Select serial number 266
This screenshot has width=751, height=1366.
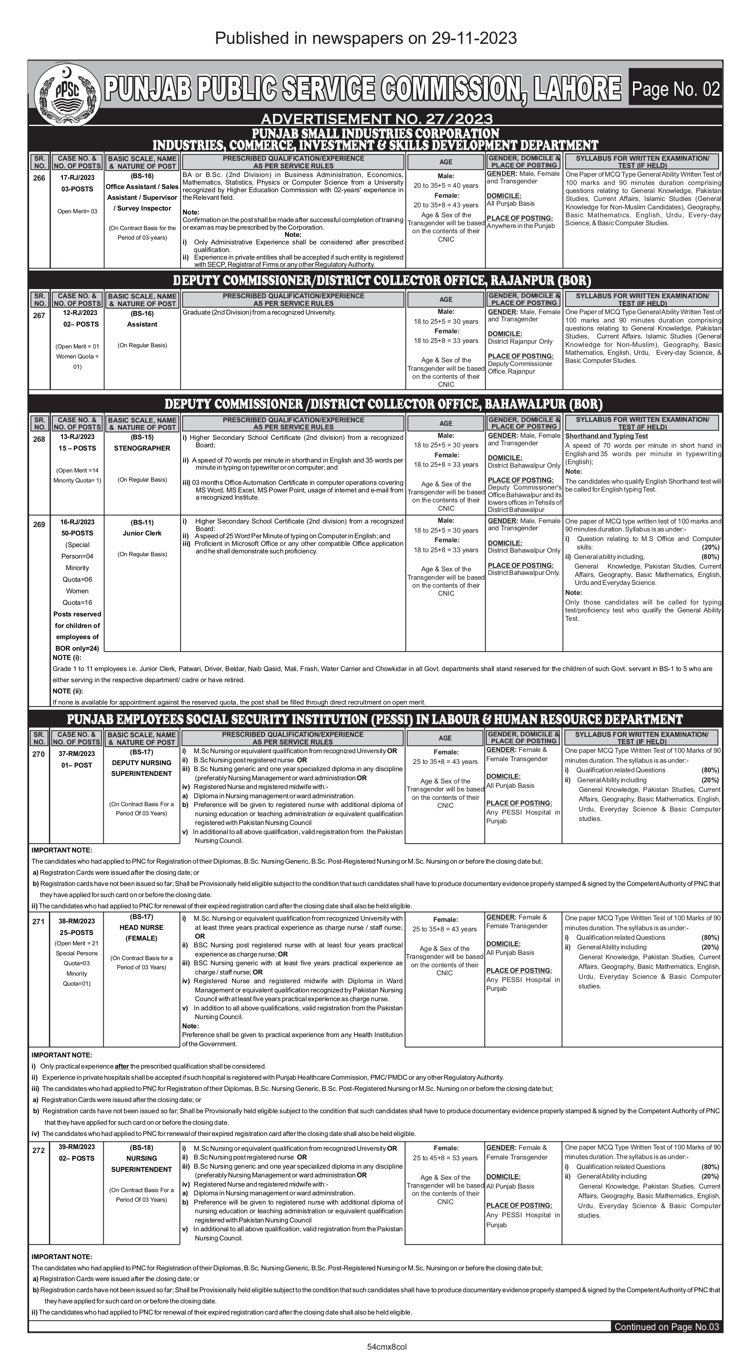39,178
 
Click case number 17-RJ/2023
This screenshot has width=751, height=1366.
77,178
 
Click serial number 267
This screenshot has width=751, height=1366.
39,315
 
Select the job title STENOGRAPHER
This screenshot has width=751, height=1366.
142,448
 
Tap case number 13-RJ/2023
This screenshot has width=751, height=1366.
77,437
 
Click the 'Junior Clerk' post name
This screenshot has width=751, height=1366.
142,533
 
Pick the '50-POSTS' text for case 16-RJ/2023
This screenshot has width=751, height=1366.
77,533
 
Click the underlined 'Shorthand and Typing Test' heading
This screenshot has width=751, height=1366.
606,436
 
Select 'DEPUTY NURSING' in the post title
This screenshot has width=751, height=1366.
142,762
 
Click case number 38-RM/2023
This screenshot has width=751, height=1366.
77,921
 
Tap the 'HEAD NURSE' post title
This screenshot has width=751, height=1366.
142,927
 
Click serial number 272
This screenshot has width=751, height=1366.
38,1151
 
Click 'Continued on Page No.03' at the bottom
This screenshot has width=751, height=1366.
666,1327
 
